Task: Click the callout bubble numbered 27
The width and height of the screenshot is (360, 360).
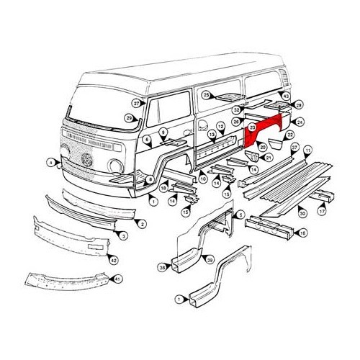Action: point(136,104)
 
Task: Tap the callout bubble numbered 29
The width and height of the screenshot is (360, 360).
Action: point(129,118)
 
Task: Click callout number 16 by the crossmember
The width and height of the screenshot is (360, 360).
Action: point(302,233)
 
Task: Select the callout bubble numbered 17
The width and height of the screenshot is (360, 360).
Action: point(322,212)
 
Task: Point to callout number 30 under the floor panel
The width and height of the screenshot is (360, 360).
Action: point(302,213)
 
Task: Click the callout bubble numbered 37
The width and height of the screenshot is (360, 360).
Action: point(294,148)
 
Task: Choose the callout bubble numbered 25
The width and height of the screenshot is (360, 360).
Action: point(205,94)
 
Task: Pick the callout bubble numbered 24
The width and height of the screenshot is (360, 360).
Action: point(300,122)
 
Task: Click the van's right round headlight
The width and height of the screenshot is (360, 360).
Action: point(116,166)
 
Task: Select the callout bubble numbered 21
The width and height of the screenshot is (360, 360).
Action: point(269,158)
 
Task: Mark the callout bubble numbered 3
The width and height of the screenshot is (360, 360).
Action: point(124,235)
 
